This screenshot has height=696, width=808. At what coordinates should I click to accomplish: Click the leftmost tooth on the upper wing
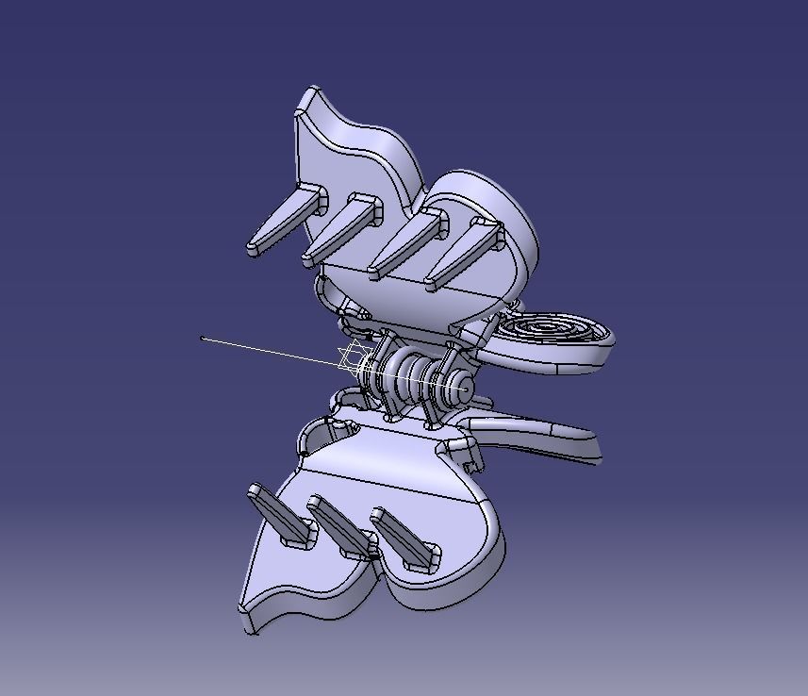point(283,223)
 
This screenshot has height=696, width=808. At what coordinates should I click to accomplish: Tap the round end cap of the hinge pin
point(465,385)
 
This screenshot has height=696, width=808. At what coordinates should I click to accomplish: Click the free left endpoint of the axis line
point(203,338)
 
